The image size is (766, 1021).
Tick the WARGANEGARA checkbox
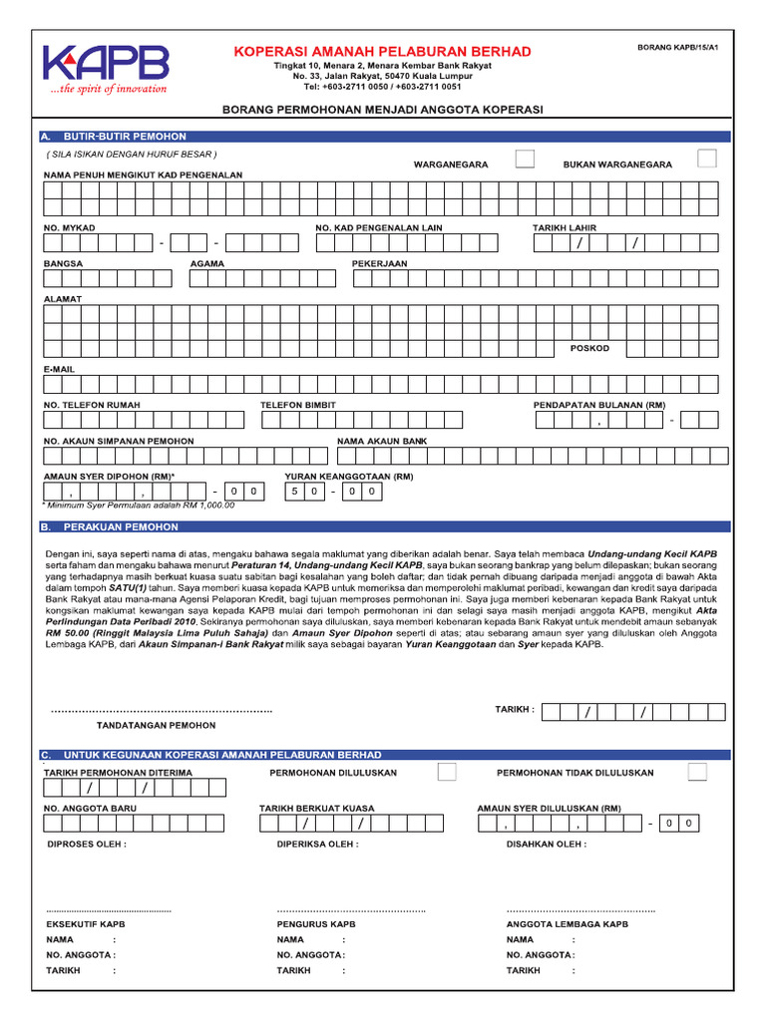[x=525, y=159]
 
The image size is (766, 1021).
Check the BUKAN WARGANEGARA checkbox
[x=707, y=159]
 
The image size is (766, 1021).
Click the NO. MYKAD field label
[x=70, y=228]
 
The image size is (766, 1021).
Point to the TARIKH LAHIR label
[x=565, y=228]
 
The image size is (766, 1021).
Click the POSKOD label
[x=589, y=348]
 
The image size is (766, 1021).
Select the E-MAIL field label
[x=60, y=369]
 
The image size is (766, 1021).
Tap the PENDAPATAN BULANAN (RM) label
[x=599, y=405]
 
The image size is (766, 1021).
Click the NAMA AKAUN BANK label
[x=382, y=441]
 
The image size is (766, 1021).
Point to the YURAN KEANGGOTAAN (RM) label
[x=349, y=477]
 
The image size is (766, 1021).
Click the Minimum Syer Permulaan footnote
[x=140, y=505]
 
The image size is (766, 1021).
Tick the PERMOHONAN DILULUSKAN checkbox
[x=448, y=772]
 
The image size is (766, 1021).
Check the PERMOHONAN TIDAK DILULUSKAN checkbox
[x=698, y=772]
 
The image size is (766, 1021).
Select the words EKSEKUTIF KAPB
[x=86, y=924]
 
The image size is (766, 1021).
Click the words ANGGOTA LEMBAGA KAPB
[x=567, y=924]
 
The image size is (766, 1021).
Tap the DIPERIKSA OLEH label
[x=317, y=844]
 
